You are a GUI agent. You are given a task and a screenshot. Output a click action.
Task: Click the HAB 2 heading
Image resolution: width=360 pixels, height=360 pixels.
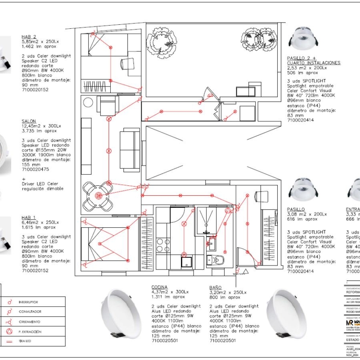29,37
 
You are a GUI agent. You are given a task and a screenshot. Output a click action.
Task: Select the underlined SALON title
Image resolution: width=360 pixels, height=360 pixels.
29,121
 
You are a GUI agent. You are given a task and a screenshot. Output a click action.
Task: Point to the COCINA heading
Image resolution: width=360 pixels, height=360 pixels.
159,287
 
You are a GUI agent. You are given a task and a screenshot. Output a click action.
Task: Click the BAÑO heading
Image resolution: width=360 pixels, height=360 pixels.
215,287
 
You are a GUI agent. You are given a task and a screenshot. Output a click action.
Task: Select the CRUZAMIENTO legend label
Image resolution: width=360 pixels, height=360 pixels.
29,322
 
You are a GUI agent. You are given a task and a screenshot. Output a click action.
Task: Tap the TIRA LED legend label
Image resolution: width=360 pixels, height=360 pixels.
25,342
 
